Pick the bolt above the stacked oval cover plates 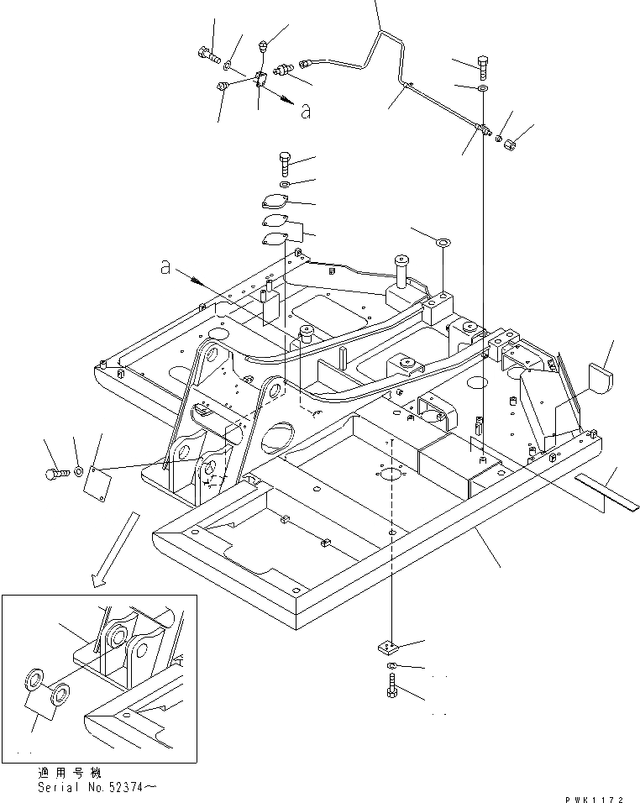tap(284, 160)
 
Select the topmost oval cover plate tap(273, 204)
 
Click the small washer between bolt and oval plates tap(285, 183)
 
